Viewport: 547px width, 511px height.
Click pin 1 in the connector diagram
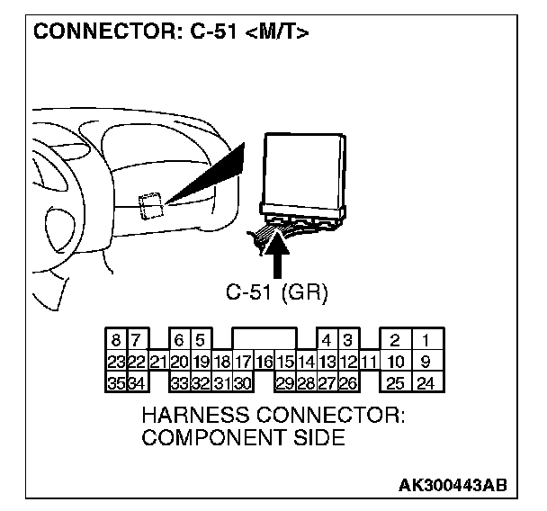click(425, 342)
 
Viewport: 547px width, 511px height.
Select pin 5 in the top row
click(200, 342)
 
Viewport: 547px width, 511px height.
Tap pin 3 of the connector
click(345, 342)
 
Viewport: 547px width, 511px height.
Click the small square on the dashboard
click(149, 206)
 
